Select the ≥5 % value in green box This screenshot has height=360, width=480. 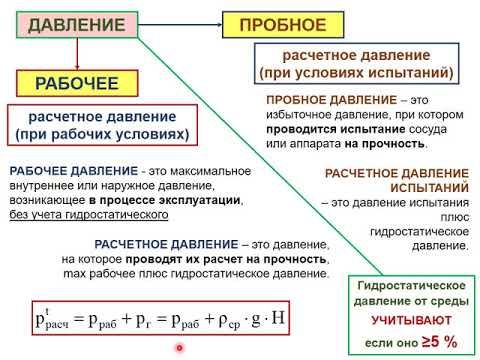point(438,342)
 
